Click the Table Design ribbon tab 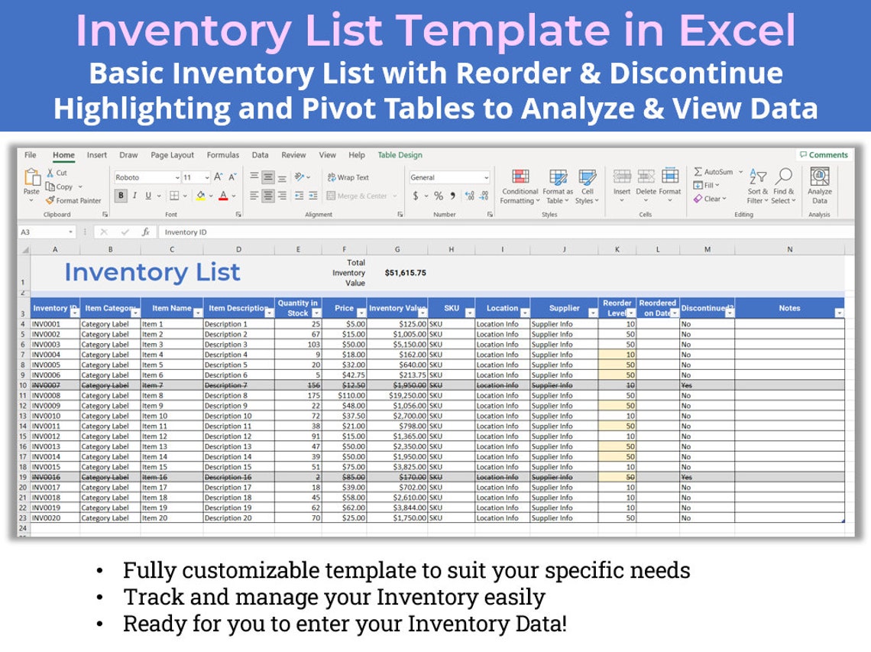pos(400,155)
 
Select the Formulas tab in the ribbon pos(222,155)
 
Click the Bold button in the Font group pos(121,196)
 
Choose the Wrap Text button pos(348,177)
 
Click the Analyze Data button pos(820,186)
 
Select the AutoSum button pos(714,172)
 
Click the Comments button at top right pos(824,155)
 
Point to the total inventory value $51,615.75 pos(405,273)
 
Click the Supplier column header pos(564,308)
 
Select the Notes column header pos(789,308)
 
